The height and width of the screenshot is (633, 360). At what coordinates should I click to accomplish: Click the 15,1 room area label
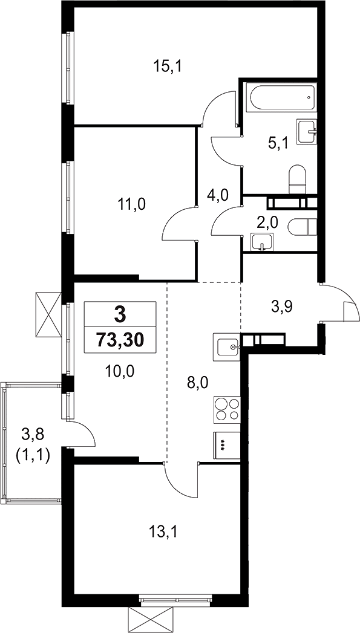(168, 67)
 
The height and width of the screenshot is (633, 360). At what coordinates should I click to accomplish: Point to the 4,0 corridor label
(217, 195)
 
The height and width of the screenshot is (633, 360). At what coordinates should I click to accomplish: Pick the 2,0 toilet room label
(266, 222)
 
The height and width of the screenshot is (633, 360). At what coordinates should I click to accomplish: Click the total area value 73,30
(120, 340)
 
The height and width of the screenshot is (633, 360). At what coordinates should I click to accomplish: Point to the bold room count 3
(120, 314)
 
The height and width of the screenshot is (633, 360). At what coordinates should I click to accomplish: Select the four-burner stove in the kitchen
(227, 409)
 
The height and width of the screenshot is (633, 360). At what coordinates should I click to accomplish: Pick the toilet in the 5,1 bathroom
(298, 179)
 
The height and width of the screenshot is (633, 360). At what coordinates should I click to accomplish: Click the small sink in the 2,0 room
(261, 243)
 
